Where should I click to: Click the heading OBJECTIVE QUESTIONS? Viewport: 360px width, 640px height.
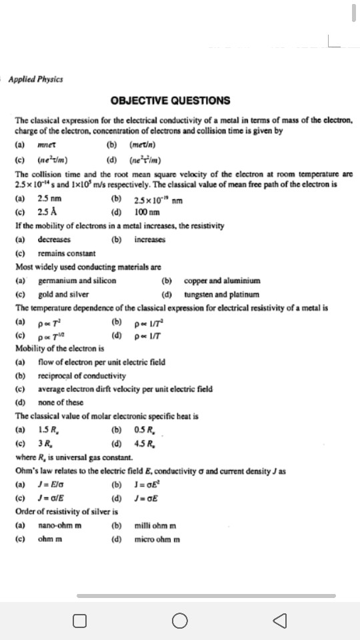coord(171,101)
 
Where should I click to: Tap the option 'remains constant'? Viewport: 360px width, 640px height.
coord(67,253)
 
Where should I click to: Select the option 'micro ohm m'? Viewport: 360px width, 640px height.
coord(157,539)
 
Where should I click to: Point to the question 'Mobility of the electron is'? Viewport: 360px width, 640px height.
coord(59,349)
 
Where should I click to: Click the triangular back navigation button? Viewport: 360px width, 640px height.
coord(279,621)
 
